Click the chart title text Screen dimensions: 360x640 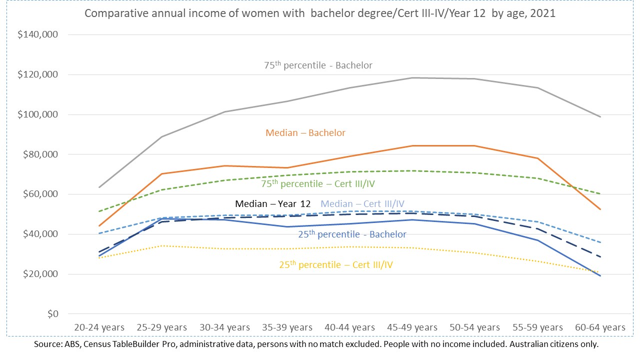320,13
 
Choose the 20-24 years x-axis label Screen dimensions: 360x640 99,327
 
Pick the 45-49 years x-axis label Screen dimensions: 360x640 412,327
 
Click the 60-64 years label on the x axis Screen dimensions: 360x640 600,327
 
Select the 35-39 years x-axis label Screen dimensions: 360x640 287,327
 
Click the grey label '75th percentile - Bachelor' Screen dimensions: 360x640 318,65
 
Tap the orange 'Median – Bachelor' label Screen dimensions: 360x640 305,133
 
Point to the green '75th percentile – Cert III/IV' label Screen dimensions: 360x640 318,184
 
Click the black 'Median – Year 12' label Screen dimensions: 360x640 273,204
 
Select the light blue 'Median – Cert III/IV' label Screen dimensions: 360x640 362,204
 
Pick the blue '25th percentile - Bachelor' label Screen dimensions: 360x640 352,234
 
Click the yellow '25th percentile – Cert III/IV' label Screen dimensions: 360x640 336,264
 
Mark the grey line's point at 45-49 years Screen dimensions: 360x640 412,77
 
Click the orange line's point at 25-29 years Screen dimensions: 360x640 162,174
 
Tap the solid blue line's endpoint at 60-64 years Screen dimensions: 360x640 600,276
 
